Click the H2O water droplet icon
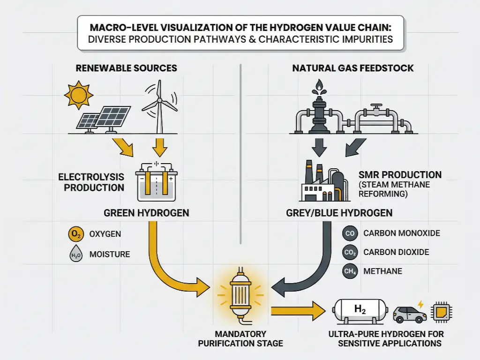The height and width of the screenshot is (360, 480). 75,255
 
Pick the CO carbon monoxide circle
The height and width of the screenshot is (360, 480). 350,233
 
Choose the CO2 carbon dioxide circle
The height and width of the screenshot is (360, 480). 350,252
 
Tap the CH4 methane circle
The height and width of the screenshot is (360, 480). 350,271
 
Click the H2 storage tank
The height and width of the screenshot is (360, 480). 359,311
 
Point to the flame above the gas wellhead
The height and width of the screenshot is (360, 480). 320,84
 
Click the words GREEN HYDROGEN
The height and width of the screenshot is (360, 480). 146,213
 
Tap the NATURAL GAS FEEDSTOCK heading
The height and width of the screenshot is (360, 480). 352,68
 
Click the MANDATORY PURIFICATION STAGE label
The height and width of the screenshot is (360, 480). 240,338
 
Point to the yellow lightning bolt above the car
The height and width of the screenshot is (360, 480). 420,304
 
